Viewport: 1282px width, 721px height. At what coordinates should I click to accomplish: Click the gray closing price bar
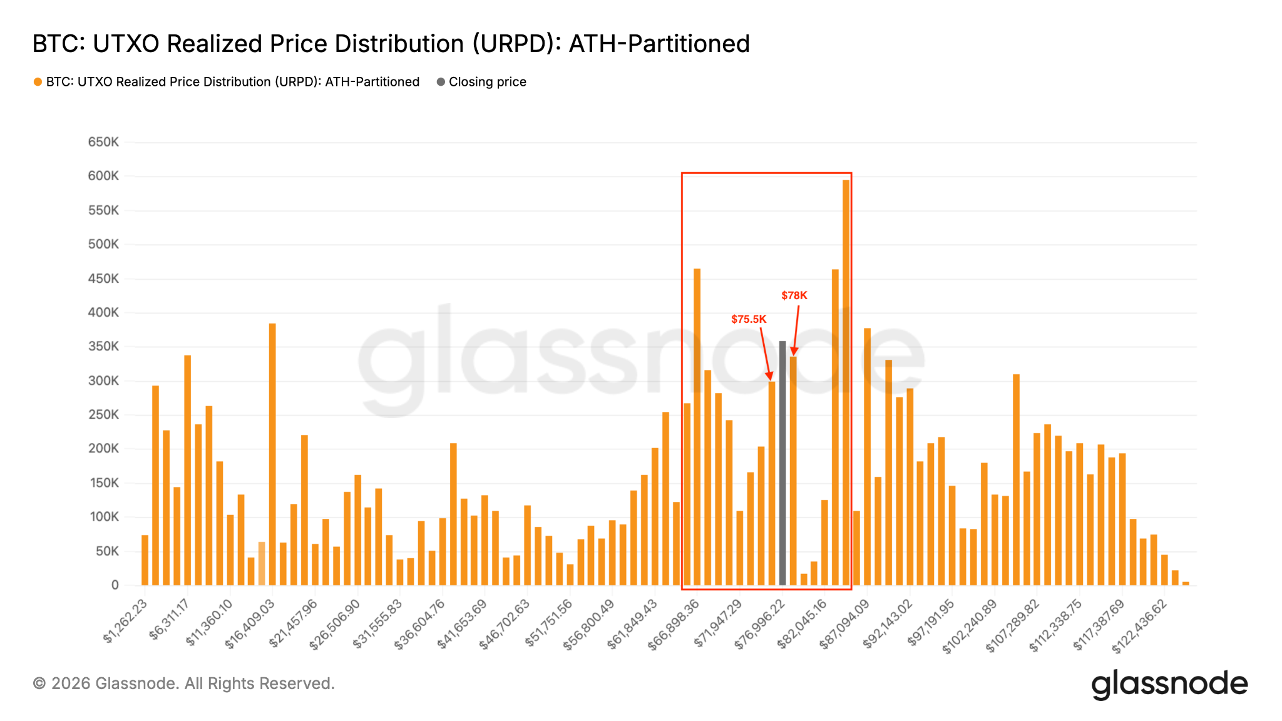point(782,463)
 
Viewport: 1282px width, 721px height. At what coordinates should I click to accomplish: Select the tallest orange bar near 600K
point(846,382)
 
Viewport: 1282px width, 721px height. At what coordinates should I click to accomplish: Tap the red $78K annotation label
point(794,295)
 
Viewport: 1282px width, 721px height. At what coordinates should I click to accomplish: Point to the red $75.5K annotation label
point(749,319)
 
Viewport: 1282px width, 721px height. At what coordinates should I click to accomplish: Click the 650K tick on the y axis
point(103,142)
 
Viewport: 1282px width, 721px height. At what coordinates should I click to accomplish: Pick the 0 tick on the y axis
point(115,585)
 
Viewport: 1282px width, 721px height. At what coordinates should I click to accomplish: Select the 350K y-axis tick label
point(103,347)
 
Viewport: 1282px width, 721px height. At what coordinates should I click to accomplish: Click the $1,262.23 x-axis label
point(126,621)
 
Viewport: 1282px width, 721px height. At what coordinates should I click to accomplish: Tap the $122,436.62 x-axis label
point(1140,626)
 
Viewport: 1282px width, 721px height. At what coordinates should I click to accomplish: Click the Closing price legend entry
point(487,82)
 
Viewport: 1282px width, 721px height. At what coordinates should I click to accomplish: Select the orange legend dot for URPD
point(38,82)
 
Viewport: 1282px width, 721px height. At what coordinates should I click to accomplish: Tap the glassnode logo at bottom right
point(1169,684)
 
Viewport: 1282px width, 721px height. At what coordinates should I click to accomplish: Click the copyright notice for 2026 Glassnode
point(183,683)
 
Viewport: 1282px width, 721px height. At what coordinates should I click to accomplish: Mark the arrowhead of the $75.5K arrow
point(771,377)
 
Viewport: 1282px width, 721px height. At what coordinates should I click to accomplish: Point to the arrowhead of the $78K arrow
point(794,352)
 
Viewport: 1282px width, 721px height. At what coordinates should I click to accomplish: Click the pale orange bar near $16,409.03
point(262,563)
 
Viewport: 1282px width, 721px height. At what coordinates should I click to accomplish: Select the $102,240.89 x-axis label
point(970,626)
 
